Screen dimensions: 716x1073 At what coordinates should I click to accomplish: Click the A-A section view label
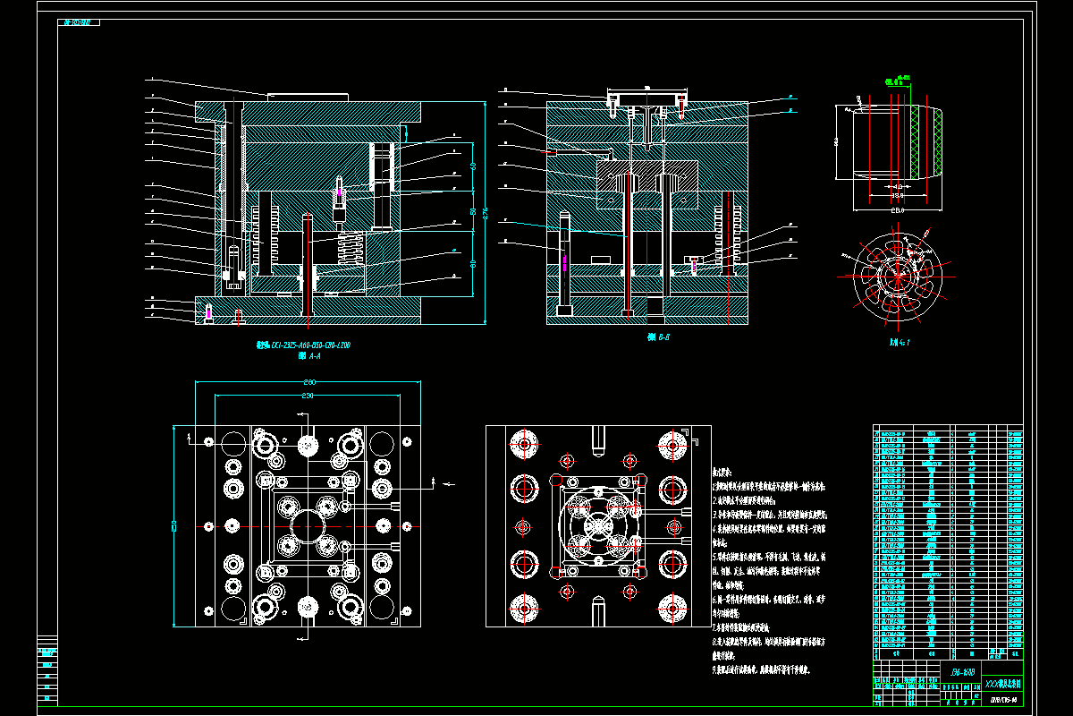(308, 355)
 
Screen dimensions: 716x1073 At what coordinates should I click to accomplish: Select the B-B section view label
(659, 337)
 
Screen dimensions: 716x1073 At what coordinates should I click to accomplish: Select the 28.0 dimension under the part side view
(897, 210)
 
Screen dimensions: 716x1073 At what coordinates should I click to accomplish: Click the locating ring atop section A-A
(307, 95)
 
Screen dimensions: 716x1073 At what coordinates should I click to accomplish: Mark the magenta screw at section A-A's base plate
(208, 312)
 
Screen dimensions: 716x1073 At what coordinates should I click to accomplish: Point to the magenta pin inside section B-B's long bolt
(565, 261)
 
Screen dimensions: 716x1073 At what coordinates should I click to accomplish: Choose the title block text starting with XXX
(1002, 682)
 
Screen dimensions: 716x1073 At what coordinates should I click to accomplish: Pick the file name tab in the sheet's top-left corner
(80, 24)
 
